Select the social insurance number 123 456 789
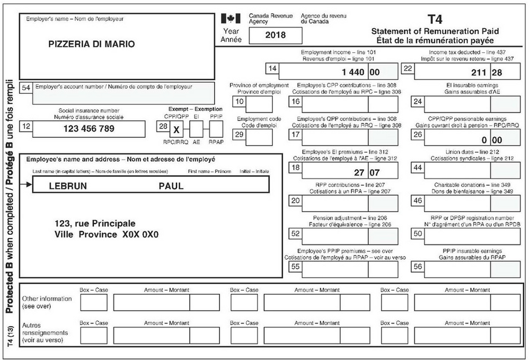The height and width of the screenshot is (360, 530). [x=89, y=128]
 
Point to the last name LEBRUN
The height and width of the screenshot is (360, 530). [x=67, y=186]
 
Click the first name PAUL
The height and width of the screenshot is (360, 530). [x=171, y=186]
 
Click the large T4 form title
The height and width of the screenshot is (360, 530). [x=435, y=20]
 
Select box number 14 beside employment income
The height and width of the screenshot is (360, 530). [x=272, y=68]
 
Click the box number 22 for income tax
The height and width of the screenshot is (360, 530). [x=408, y=68]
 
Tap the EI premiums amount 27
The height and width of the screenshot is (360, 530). [x=358, y=173]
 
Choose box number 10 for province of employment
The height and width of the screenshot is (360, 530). [x=239, y=102]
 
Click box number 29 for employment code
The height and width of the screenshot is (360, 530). [x=239, y=135]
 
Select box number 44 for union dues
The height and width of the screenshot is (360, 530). [x=417, y=168]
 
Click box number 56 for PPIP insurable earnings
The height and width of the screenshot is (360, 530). [x=417, y=267]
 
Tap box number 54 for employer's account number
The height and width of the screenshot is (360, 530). [x=25, y=88]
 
